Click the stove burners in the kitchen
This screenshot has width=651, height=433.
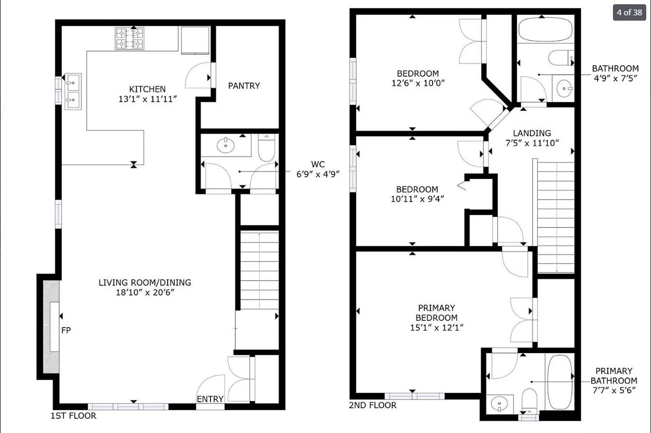click(x=130, y=39)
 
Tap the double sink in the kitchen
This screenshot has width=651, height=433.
click(x=72, y=92)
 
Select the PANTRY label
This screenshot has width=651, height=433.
click(x=244, y=86)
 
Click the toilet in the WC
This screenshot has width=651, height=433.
click(x=267, y=148)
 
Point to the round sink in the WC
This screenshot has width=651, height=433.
click(x=226, y=145)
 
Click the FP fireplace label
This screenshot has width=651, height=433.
click(x=66, y=330)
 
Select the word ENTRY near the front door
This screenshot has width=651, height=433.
click(x=210, y=399)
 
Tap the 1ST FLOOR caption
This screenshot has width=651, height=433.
click(x=74, y=416)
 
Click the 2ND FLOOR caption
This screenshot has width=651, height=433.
click(x=373, y=405)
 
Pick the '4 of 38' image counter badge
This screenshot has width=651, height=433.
click(x=629, y=13)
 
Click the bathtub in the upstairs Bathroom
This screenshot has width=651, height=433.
click(x=546, y=30)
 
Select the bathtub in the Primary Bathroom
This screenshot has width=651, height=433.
click(x=560, y=382)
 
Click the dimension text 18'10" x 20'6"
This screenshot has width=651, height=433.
click(x=145, y=292)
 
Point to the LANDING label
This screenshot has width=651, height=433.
click(x=532, y=133)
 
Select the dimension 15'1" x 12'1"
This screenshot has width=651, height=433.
click(x=436, y=328)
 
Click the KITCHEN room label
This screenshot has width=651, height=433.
click(x=148, y=89)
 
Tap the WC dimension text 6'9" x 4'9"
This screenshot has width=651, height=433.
click(x=318, y=174)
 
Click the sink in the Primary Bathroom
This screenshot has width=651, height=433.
click(x=499, y=404)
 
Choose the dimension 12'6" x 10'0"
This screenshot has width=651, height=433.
click(x=418, y=83)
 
